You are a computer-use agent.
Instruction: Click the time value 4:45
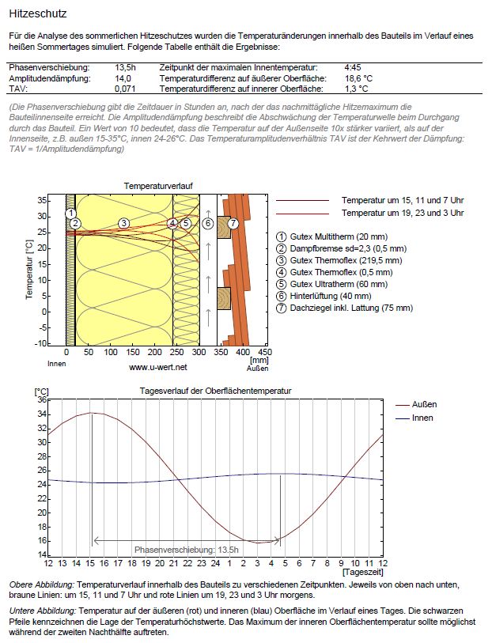(x=354, y=68)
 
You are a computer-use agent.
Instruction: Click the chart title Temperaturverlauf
(x=158, y=186)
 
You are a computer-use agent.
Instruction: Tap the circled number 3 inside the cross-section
(x=124, y=224)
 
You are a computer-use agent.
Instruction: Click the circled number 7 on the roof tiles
(x=233, y=224)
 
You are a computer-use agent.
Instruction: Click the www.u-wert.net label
(x=157, y=368)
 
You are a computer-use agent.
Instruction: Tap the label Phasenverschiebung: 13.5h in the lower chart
(x=187, y=549)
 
